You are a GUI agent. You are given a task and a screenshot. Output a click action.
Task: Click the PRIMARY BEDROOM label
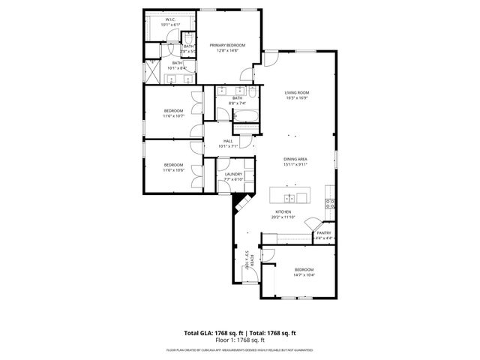click(x=227, y=45)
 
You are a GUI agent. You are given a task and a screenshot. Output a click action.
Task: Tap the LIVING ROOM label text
click(x=297, y=93)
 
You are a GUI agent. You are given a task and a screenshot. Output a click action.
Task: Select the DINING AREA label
click(x=296, y=159)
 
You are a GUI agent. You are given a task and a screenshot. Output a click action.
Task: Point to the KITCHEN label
click(x=283, y=212)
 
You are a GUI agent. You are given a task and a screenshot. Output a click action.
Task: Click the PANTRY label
click(x=323, y=233)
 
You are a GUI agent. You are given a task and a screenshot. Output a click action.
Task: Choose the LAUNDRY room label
click(x=233, y=174)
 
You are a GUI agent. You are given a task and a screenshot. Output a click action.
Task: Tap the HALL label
click(x=228, y=140)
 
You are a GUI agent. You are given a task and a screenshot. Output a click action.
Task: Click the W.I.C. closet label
click(x=170, y=20)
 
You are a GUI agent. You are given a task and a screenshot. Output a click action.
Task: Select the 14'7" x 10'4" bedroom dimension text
click(x=304, y=275)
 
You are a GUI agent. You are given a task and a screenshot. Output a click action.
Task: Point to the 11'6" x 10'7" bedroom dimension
click(x=174, y=116)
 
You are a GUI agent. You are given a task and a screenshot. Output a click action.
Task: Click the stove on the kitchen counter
click(x=328, y=202)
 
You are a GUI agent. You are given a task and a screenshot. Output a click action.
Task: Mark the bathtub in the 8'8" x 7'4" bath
click(x=245, y=116)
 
